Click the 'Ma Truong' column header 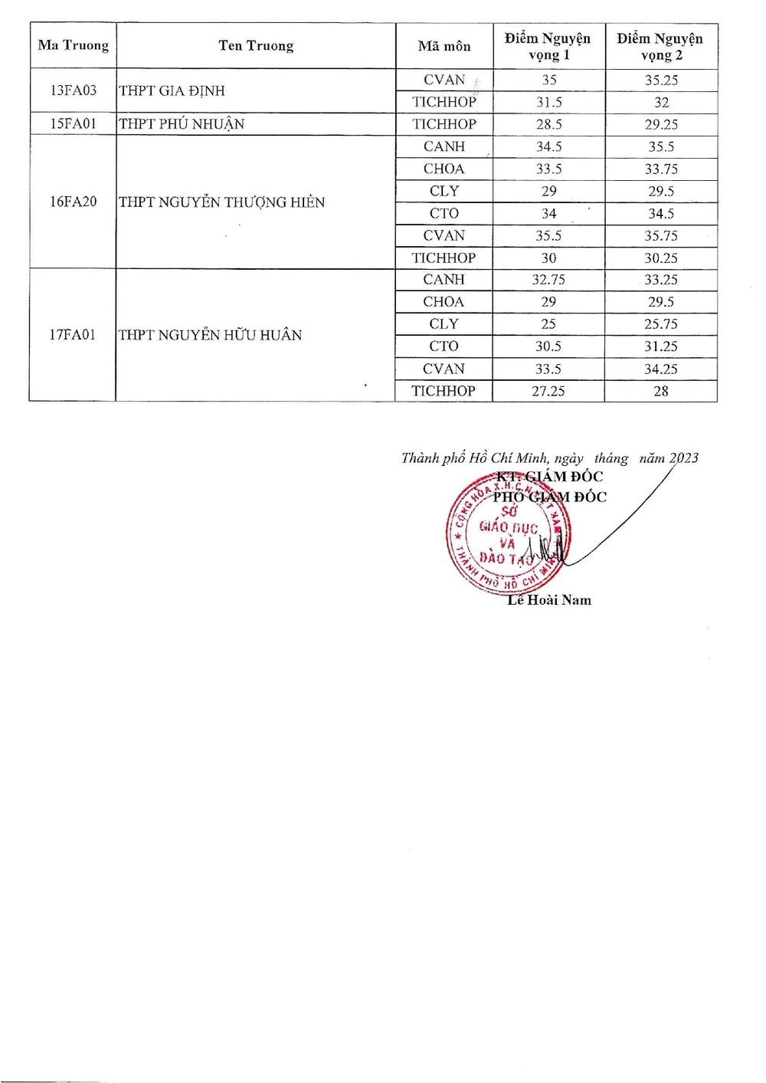click(73, 45)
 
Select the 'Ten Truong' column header click(256, 46)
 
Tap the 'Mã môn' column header click(444, 46)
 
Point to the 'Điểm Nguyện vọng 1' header click(548, 46)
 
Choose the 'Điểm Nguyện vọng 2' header click(661, 46)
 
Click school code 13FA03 click(74, 90)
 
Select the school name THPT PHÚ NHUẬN click(182, 124)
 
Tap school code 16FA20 click(74, 202)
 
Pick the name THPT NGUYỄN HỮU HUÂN click(211, 335)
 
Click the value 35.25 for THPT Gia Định click(661, 80)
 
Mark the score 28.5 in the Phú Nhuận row click(548, 124)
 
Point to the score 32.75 click(548, 280)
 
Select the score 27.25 click(548, 391)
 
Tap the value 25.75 click(661, 324)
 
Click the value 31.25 click(661, 346)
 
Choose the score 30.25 click(661, 258)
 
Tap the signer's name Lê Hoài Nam click(549, 600)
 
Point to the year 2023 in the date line click(683, 458)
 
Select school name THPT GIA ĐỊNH click(172, 90)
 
